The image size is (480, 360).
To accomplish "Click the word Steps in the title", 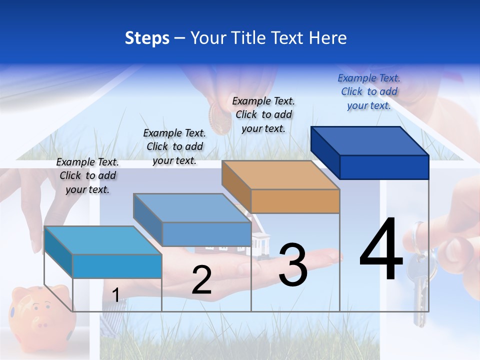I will (x=147, y=38).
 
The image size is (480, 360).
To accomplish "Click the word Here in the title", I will (x=327, y=38).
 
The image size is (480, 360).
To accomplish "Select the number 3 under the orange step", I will (x=293, y=265).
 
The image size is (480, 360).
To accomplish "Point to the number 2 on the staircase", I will (x=201, y=280).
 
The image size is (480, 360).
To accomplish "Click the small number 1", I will (x=115, y=295).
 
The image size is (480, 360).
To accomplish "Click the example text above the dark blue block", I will (x=369, y=91).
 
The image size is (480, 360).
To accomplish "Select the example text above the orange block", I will (x=263, y=114).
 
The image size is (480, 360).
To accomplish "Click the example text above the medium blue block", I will (x=174, y=146).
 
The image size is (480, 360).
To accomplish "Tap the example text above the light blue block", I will (x=87, y=175).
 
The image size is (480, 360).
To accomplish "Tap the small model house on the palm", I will (x=260, y=245).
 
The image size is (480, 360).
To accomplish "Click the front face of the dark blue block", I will (x=384, y=167).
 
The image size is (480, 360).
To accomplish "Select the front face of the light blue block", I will (x=117, y=266).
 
